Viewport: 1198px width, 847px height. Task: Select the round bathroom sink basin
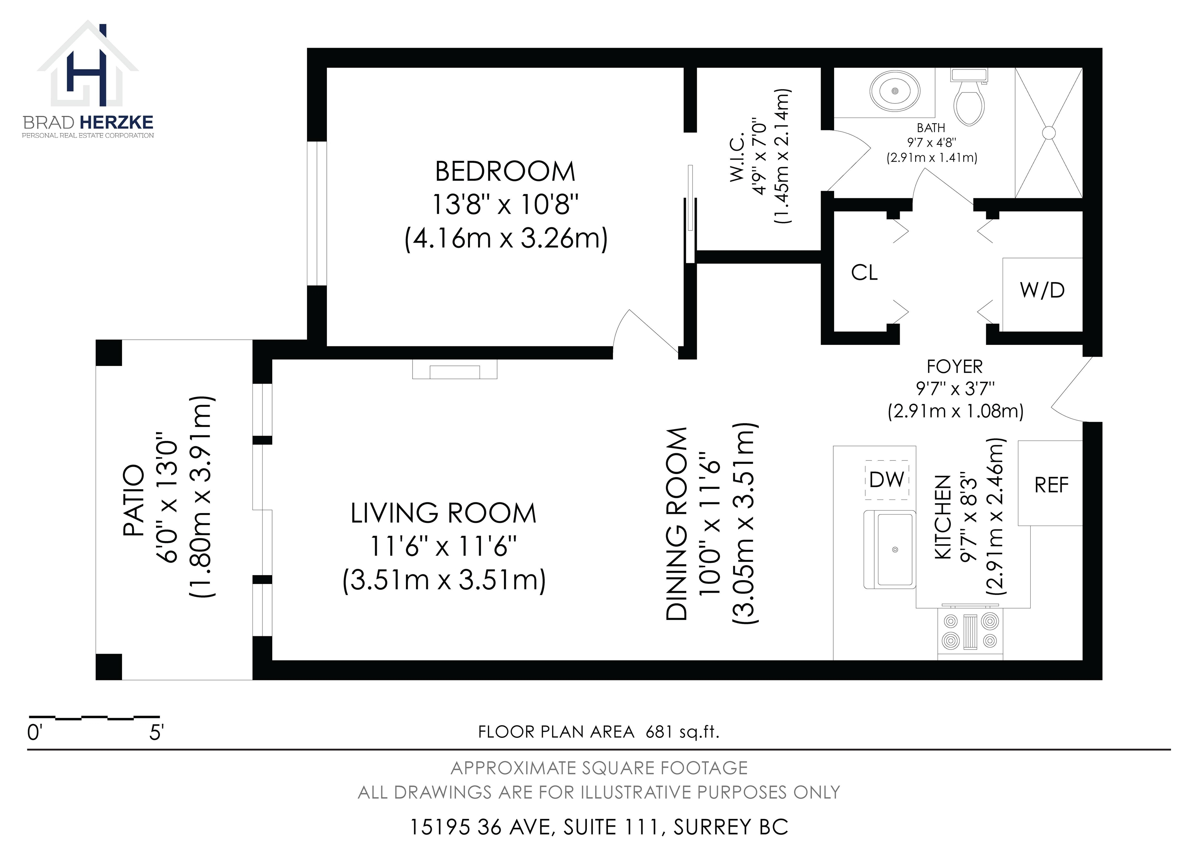tap(895, 91)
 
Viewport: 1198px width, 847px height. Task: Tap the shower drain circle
tap(1048, 133)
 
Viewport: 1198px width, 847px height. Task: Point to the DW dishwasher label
tap(887, 479)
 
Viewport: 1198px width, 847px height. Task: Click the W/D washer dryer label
tap(1042, 290)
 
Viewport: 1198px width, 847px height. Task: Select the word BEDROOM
tap(505, 171)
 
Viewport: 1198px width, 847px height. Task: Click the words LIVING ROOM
tap(443, 513)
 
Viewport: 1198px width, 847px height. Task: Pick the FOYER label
tap(954, 367)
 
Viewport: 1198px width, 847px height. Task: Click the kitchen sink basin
tap(895, 550)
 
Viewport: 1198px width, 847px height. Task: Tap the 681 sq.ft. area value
tap(682, 732)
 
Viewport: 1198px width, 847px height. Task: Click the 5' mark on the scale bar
tap(156, 733)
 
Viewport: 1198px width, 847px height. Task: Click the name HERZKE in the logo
tap(117, 122)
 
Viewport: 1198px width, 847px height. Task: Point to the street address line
tap(599, 827)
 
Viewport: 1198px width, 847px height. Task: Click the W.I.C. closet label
tap(737, 158)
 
